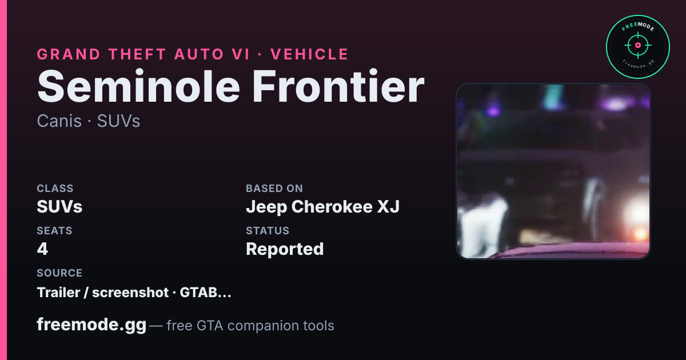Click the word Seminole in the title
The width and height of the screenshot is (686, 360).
tap(138, 87)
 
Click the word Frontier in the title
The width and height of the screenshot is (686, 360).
tap(338, 87)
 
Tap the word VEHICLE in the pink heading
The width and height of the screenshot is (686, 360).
tap(309, 54)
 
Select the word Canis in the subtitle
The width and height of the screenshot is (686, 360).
tap(59, 121)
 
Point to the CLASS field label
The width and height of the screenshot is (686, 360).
tap(55, 188)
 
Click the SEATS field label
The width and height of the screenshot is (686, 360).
tap(54, 230)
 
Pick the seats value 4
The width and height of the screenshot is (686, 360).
tap(42, 249)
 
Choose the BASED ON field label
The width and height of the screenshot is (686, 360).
tap(274, 188)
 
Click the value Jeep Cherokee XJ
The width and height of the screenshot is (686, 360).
tap(323, 207)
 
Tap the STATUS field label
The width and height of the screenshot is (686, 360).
tap(268, 230)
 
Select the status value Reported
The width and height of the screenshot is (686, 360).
tap(285, 249)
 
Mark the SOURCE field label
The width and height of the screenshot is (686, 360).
tap(59, 273)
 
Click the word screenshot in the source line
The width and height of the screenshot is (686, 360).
tap(130, 293)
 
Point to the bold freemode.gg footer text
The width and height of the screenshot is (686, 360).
tap(91, 325)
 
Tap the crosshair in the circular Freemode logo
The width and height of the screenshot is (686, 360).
tap(638, 45)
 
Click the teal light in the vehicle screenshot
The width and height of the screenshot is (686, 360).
tap(553, 97)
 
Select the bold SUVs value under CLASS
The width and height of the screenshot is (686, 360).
tap(59, 207)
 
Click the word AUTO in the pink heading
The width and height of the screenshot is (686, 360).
tap(199, 54)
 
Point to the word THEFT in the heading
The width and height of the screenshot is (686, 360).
tap(138, 54)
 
